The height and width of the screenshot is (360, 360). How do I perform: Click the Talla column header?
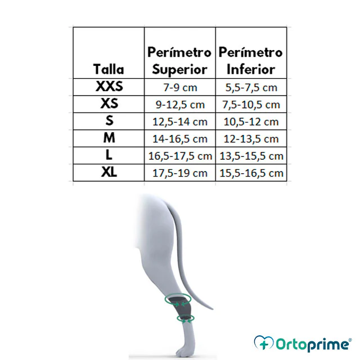109,69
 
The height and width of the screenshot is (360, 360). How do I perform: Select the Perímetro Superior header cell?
179,61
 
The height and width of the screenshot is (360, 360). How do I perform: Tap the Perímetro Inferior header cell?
251,61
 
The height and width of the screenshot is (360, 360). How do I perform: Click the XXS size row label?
109,86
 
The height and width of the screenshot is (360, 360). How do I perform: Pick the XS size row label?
109,103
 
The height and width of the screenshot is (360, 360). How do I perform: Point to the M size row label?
109,138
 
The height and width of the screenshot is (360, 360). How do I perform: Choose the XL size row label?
109,172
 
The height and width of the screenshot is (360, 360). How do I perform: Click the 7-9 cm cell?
180,88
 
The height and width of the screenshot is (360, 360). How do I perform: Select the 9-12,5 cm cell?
180,105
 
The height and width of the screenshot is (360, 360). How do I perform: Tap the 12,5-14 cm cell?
180,121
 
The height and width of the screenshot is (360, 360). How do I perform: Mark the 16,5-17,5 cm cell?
180,156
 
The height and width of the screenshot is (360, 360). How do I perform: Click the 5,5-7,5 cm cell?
251,88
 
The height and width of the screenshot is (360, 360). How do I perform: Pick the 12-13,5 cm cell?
251,139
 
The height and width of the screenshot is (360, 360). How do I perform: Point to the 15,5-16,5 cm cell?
251,173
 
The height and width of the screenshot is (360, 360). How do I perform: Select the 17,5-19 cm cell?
180,173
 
